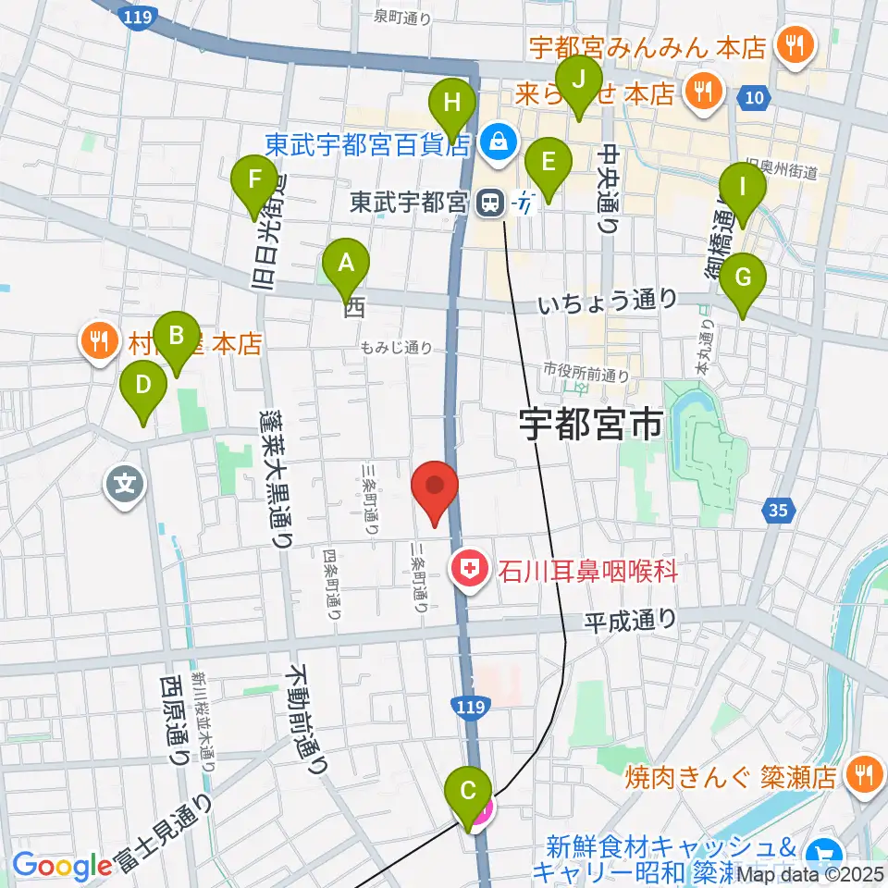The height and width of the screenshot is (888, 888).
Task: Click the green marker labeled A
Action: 345,265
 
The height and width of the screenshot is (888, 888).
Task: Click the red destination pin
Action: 434,487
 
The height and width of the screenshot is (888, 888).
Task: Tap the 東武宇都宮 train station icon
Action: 487,202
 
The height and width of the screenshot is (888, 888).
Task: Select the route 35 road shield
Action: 779,508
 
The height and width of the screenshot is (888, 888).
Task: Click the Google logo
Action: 62,866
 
